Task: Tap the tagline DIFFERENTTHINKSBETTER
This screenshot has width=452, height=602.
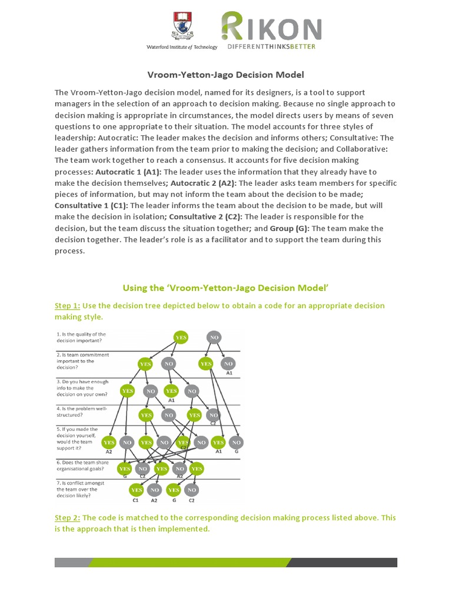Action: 271,47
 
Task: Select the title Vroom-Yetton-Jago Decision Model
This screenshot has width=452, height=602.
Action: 225,75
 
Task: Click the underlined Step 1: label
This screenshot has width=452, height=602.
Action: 67,306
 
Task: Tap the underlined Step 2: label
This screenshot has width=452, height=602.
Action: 67,518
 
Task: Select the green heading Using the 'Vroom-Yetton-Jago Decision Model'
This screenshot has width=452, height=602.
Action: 225,287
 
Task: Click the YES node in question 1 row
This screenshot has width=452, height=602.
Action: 182,337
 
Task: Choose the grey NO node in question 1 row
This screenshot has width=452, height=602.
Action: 214,337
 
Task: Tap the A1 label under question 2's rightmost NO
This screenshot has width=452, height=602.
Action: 229,373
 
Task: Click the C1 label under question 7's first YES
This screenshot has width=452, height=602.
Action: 136,500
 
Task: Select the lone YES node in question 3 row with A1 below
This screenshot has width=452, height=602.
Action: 171,390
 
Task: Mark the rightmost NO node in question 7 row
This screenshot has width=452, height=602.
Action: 191,489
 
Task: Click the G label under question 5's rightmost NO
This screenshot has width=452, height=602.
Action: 237,451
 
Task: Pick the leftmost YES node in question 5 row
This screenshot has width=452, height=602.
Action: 109,442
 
